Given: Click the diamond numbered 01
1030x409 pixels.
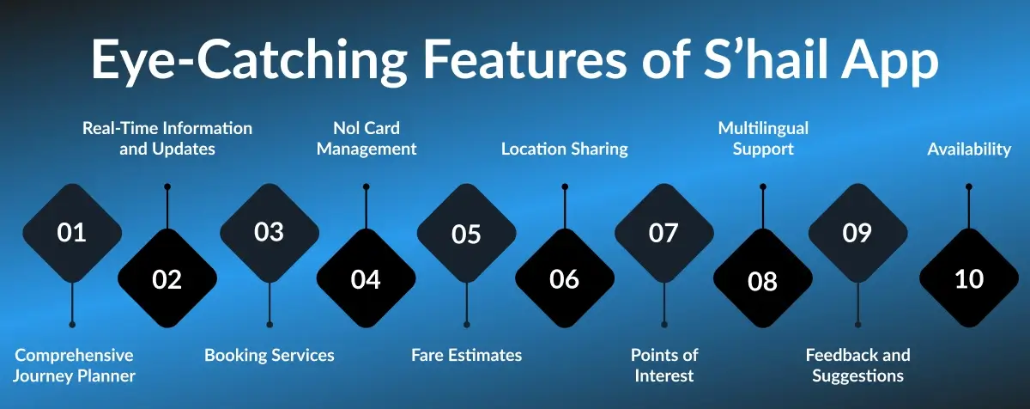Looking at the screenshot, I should point(72,233).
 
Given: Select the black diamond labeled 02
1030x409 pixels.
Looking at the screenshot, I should point(167,279).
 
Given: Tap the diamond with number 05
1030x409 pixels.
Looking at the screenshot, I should point(466,233).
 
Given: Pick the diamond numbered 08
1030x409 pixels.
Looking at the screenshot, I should point(762,279).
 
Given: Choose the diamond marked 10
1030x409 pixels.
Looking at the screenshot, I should point(968,279).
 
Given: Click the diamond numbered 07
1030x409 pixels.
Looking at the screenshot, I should point(663,233).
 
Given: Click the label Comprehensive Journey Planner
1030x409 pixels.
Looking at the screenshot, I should point(74,365).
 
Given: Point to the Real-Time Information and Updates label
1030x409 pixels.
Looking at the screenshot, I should point(167,138).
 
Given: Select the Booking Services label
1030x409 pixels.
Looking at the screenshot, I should point(270,355).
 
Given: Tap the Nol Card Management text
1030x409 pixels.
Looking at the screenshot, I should point(367,138).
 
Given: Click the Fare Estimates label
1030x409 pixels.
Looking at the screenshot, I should point(466,355).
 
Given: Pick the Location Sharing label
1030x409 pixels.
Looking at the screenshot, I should point(564,149).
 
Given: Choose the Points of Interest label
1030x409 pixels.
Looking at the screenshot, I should point(664,365).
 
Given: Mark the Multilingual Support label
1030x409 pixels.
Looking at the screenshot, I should point(763,138).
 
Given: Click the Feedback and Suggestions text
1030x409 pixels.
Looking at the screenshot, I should point(857,365).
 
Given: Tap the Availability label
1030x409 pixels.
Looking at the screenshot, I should point(969,149).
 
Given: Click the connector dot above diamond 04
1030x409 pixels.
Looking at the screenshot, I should point(367,186).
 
